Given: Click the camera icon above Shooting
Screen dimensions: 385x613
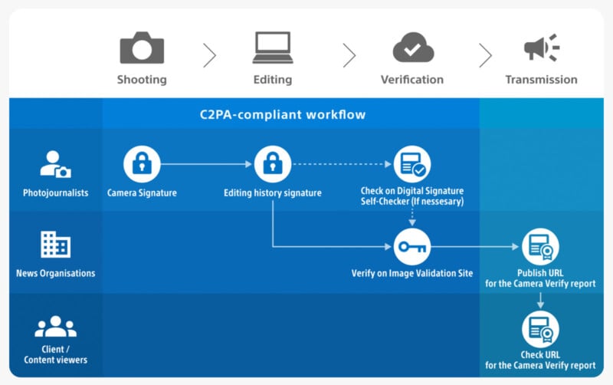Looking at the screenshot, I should (x=142, y=48).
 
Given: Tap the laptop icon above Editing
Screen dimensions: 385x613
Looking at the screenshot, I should (x=273, y=48).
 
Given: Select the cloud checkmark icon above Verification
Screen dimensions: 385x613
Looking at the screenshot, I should (x=413, y=48).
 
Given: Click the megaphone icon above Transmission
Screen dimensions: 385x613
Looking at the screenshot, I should (x=541, y=48).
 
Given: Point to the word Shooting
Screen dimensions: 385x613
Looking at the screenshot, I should (x=142, y=79).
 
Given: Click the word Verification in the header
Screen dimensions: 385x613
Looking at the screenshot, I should (x=412, y=79).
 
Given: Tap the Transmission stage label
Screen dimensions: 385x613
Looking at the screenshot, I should (x=541, y=79).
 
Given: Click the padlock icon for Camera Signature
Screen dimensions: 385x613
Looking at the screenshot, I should (x=142, y=163).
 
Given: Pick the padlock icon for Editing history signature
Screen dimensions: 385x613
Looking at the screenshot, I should (x=273, y=163).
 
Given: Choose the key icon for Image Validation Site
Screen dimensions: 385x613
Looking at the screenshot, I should (x=412, y=247).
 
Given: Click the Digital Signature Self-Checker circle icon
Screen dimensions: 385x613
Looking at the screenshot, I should (x=412, y=163).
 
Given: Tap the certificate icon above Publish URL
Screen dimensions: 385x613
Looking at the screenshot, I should (x=540, y=247).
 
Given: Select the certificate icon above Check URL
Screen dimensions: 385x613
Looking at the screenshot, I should (x=540, y=329).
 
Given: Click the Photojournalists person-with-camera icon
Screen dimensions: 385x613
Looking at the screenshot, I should (x=55, y=165).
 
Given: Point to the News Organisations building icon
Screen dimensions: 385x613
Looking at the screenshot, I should (x=55, y=245).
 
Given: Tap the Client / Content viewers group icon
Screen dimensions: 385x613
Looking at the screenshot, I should (x=55, y=327).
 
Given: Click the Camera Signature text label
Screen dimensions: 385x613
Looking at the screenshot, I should (x=142, y=192).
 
